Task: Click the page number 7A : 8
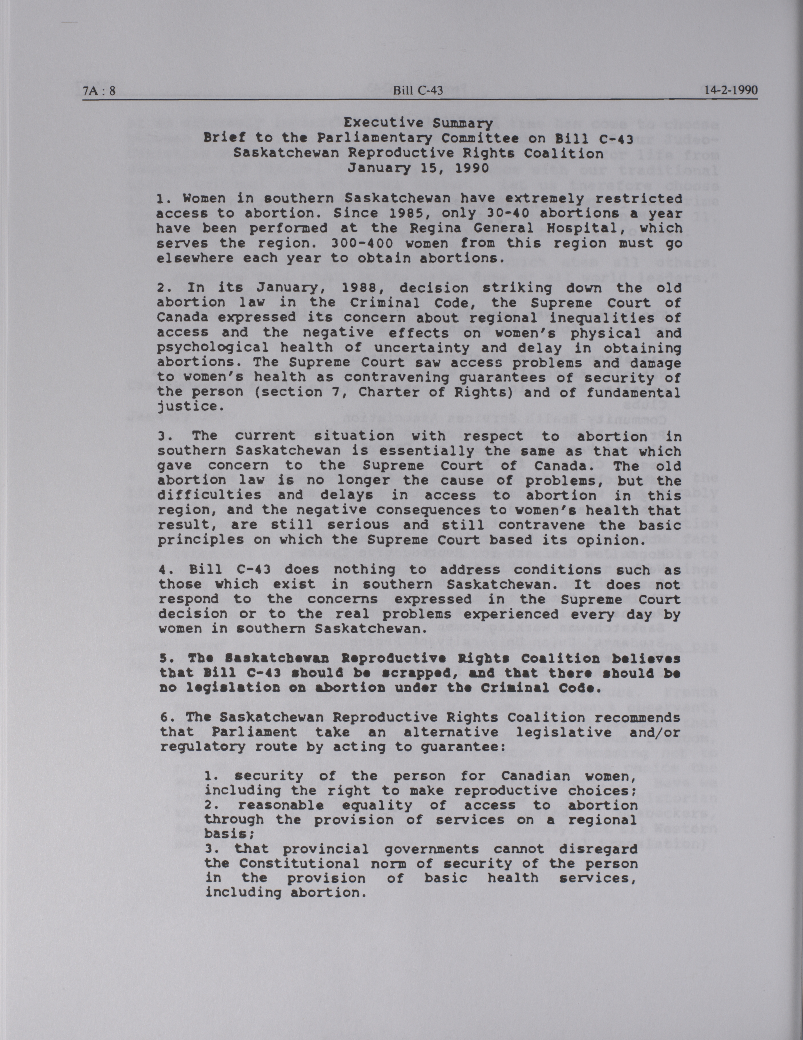[99, 91]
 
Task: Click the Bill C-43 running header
[418, 91]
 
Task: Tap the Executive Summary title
[418, 123]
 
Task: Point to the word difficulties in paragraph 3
[210, 495]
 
